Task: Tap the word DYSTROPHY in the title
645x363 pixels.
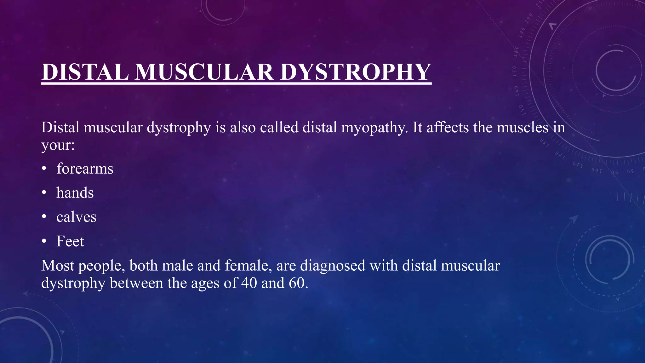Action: (x=356, y=72)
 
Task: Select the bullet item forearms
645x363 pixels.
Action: (x=85, y=169)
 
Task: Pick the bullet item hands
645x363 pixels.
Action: (x=75, y=193)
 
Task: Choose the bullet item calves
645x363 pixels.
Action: (x=76, y=217)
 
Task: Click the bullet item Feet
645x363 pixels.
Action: (x=70, y=241)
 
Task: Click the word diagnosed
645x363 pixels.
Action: (x=333, y=265)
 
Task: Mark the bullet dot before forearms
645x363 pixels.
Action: (x=44, y=169)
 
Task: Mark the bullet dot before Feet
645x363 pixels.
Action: (x=44, y=241)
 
